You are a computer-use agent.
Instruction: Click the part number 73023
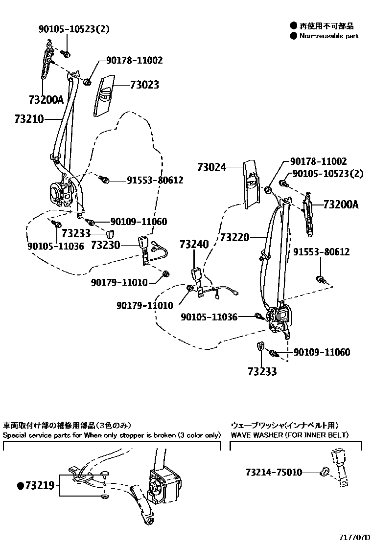[144, 85]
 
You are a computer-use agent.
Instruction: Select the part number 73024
[212, 167]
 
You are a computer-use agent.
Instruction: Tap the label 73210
[29, 119]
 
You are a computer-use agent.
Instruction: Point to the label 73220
[235, 238]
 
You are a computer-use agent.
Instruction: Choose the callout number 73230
[105, 244]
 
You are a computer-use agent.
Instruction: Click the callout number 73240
[194, 244]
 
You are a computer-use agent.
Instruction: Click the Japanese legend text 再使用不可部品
[326, 26]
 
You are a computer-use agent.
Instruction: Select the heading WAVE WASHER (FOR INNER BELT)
[289, 434]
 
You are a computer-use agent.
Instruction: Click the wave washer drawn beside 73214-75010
[324, 472]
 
